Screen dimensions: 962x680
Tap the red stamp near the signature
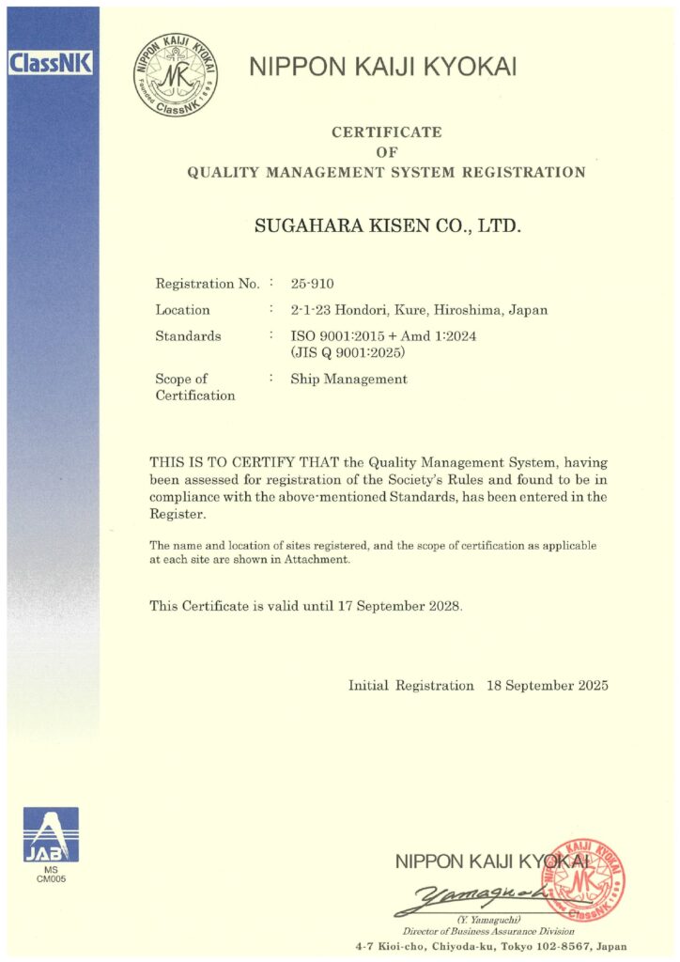click(583, 880)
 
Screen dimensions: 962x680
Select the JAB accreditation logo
click(51, 835)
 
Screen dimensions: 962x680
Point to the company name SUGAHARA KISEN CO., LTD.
click(386, 226)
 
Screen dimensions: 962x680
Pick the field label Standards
click(188, 336)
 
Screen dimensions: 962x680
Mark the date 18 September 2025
click(548, 686)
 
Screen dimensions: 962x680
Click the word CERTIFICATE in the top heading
click(386, 132)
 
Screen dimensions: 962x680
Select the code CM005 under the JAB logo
click(51, 879)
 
